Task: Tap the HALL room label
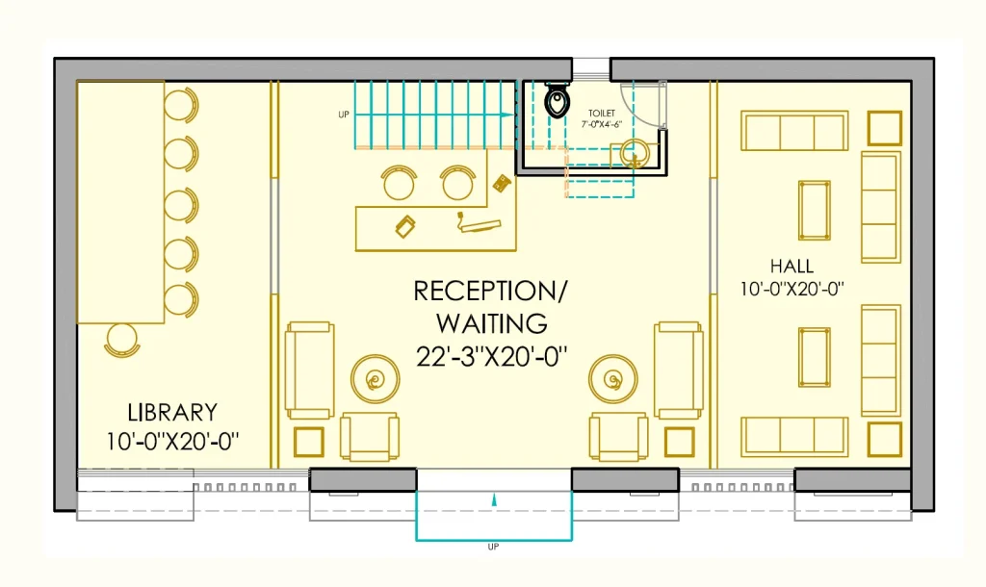[791, 266]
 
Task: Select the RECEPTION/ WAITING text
[491, 306]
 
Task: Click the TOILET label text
[602, 114]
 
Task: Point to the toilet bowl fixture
[557, 102]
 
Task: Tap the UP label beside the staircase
[344, 115]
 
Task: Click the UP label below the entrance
[494, 548]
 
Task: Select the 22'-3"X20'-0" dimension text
[491, 357]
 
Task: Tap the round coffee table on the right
[613, 379]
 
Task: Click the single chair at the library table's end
[122, 340]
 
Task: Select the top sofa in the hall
[794, 131]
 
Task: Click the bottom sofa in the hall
[794, 436]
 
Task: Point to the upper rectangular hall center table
[815, 210]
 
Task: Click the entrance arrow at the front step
[494, 499]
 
